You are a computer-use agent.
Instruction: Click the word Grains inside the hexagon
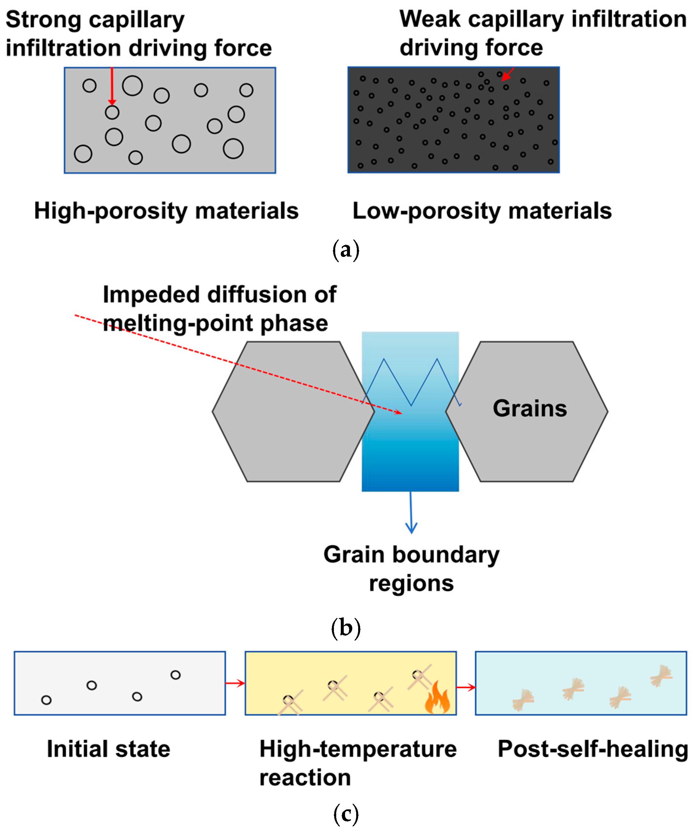[530, 408]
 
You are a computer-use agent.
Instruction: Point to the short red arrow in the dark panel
[508, 74]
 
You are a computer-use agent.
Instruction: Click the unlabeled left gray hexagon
[293, 412]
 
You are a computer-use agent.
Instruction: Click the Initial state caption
[108, 749]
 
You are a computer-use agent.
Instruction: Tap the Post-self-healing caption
[592, 749]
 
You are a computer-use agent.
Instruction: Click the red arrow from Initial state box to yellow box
[235, 684]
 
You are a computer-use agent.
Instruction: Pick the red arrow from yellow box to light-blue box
[466, 687]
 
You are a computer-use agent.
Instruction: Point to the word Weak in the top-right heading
[430, 19]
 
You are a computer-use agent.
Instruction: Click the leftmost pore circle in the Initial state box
[46, 700]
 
